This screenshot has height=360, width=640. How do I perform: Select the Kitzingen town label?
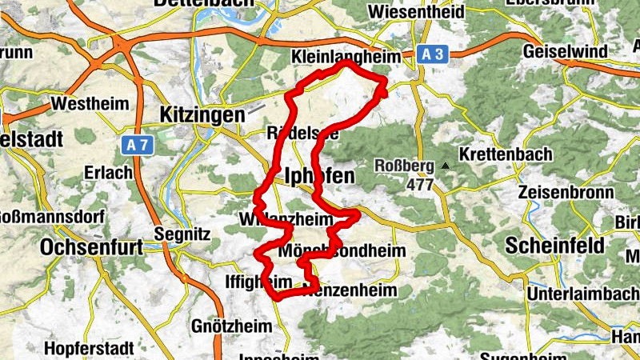point(202,114)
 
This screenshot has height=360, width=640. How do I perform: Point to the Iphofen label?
point(314,175)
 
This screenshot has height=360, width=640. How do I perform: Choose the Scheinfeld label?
point(555,246)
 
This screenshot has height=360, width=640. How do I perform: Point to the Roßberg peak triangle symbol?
point(446,166)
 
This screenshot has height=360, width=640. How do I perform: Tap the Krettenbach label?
point(501,154)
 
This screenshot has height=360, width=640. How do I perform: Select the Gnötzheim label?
point(226,326)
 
